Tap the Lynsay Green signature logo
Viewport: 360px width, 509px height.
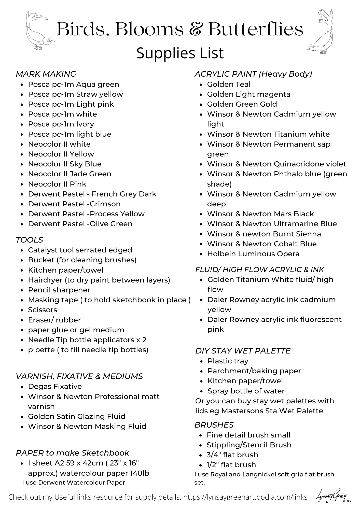[333, 496]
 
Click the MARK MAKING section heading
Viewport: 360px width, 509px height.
[46, 74]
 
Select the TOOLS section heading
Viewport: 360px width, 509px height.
[30, 240]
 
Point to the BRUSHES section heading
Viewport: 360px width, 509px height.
[214, 425]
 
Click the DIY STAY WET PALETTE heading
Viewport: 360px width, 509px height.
[243, 351]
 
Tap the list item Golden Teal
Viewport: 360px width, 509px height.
[229, 84]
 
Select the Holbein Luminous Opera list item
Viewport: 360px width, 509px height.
[253, 254]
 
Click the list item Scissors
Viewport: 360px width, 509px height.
[43, 310]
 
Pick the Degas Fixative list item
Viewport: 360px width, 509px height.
[55, 386]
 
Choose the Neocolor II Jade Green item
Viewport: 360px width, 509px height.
[70, 174]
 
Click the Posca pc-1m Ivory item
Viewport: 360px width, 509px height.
[61, 124]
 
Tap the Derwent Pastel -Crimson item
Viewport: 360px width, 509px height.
[74, 204]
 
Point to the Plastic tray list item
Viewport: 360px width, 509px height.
[228, 361]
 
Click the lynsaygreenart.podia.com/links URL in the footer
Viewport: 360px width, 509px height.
[245, 497]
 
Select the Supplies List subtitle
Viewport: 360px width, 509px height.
[180, 53]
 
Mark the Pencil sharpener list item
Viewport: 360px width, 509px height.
[59, 290]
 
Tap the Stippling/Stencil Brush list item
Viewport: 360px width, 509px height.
[249, 445]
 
